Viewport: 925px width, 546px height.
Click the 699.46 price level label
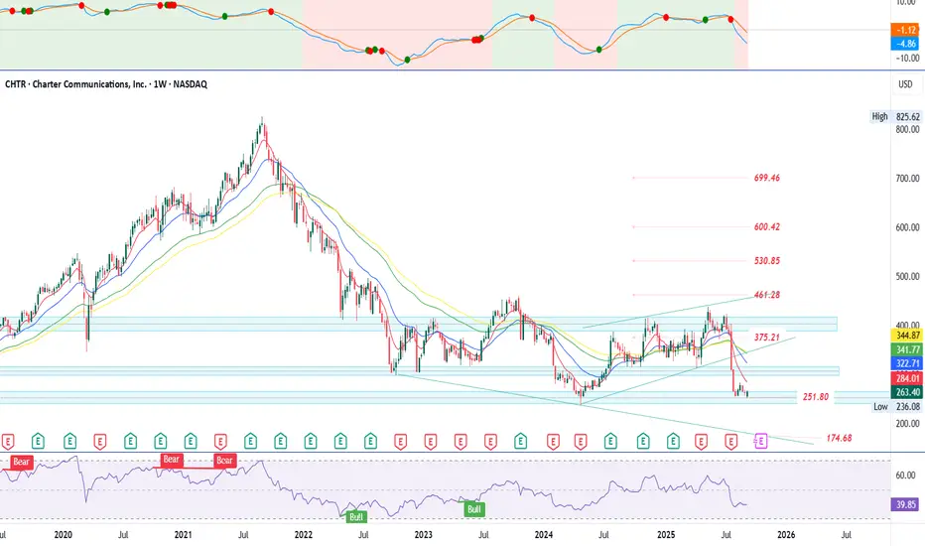point(767,179)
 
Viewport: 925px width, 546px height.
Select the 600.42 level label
point(767,227)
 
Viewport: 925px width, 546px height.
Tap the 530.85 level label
point(767,262)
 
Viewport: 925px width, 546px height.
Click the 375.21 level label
point(767,337)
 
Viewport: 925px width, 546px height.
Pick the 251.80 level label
point(816,397)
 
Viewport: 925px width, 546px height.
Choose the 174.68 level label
point(840,438)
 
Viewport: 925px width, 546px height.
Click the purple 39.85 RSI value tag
point(904,503)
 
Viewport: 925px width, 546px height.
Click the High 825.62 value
point(905,117)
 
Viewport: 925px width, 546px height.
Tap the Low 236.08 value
point(905,406)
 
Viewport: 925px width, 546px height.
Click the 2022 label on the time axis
point(303,534)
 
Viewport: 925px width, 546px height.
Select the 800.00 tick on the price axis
point(904,130)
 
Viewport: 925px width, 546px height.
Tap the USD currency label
point(904,84)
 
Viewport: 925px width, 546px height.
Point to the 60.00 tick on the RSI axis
point(904,476)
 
